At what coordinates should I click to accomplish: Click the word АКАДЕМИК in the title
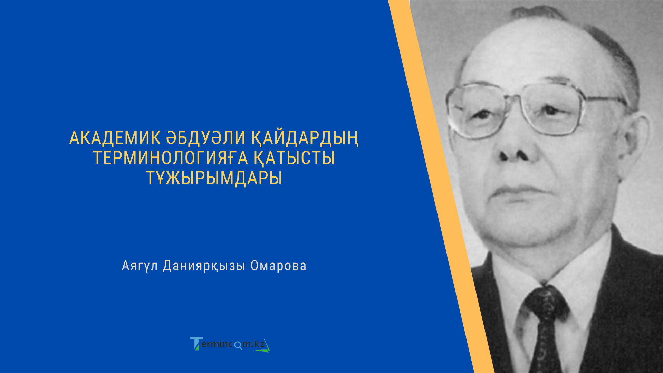coord(115,138)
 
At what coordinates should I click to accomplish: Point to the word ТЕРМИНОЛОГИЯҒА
coord(171,158)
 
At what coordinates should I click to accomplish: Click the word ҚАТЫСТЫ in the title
coord(294,158)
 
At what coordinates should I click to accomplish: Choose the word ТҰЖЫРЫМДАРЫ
coord(214,178)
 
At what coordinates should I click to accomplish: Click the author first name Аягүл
coord(140,266)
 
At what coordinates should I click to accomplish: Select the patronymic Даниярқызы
coord(204,266)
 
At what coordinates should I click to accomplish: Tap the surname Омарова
coord(278,266)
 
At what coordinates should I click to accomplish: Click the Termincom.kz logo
coord(230,344)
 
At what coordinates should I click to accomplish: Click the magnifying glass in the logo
coord(238,345)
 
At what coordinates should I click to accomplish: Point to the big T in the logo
coord(196,344)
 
